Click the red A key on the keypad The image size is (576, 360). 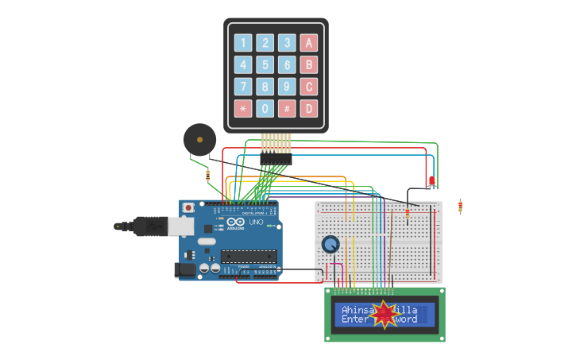click(309, 43)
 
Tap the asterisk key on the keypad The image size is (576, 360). click(243, 108)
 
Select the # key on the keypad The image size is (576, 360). click(287, 108)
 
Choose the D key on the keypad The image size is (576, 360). click(309, 108)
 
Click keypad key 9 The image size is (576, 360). click(287, 87)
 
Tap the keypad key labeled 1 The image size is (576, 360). click(243, 43)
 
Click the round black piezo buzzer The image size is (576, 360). click(199, 140)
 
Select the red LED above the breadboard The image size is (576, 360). click(431, 181)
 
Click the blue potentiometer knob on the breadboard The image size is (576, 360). click(331, 244)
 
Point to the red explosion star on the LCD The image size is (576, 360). click(385, 315)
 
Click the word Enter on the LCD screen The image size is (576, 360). click(355, 319)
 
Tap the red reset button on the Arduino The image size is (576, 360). click(188, 208)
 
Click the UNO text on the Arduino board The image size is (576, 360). click(256, 223)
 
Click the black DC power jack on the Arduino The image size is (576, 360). click(186, 270)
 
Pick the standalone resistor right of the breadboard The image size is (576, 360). click(460, 207)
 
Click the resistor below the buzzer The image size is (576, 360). click(208, 176)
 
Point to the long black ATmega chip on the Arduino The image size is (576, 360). click(249, 256)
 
